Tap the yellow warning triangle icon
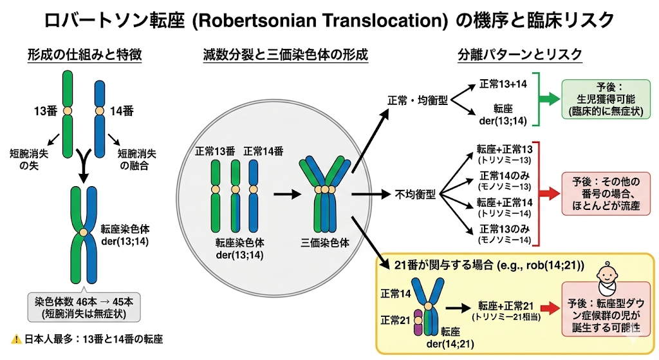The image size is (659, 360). point(17,339)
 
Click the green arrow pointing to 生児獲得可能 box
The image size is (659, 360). point(548,99)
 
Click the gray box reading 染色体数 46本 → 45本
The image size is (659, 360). point(84,308)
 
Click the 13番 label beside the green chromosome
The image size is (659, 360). point(46,111)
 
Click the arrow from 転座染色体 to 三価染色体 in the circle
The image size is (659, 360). point(283,193)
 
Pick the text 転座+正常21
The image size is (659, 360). point(505,305)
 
